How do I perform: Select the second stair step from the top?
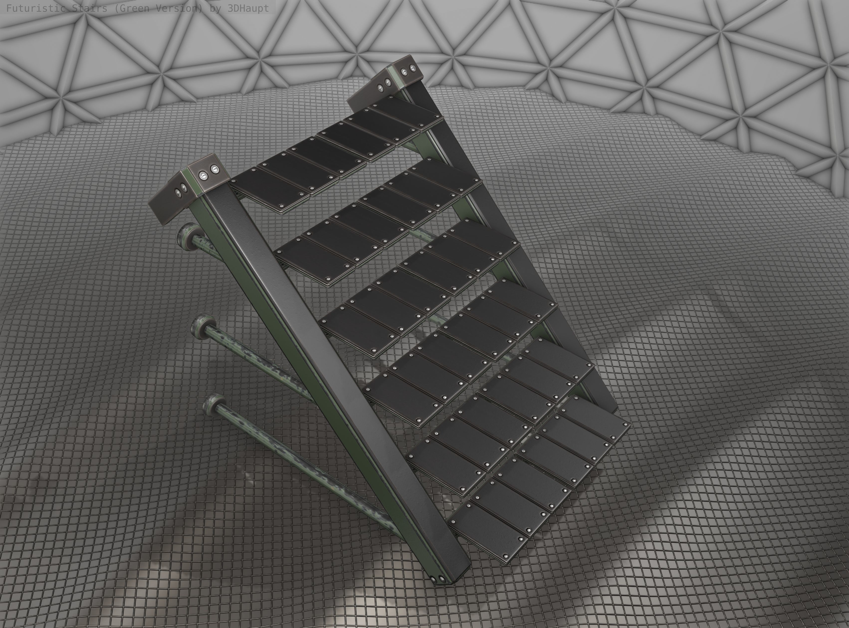[x=380, y=213]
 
